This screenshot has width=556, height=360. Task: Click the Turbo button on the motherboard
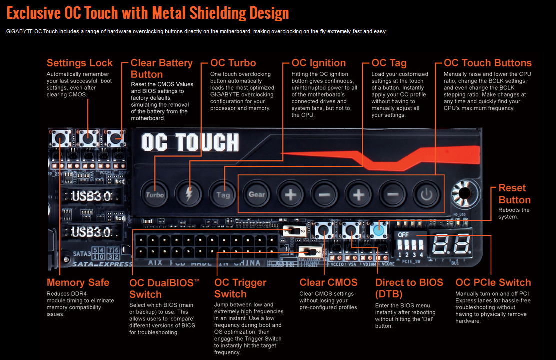(155, 194)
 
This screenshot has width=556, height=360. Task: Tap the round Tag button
(223, 194)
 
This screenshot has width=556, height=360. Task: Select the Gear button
(257, 194)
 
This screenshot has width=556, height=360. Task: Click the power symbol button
(426, 194)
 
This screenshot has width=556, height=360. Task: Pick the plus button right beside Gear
(291, 194)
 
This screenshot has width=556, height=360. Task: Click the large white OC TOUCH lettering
(190, 143)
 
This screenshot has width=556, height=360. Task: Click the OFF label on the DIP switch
(403, 234)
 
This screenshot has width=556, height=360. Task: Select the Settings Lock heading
(80, 63)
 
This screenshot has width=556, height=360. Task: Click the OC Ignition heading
(319, 63)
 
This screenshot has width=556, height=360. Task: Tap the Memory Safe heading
(78, 282)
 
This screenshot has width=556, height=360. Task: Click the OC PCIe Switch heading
(493, 282)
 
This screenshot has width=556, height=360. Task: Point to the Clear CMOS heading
(328, 282)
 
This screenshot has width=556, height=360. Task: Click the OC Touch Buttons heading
(487, 63)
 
